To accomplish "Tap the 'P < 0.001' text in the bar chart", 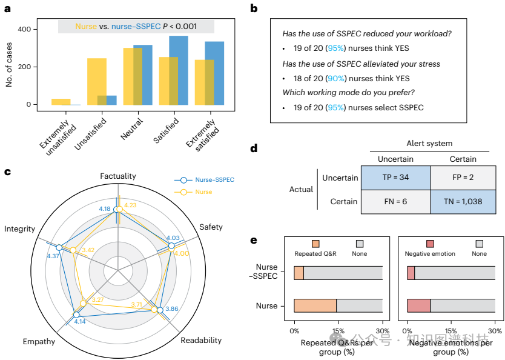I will [188, 27].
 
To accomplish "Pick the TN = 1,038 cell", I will [463, 201].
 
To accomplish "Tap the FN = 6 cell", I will [395, 201].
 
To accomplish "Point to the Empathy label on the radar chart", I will [39, 341].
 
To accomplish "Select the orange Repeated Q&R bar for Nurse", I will [315, 306].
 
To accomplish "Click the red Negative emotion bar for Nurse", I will [418, 306].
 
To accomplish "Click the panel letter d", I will [254, 147].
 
